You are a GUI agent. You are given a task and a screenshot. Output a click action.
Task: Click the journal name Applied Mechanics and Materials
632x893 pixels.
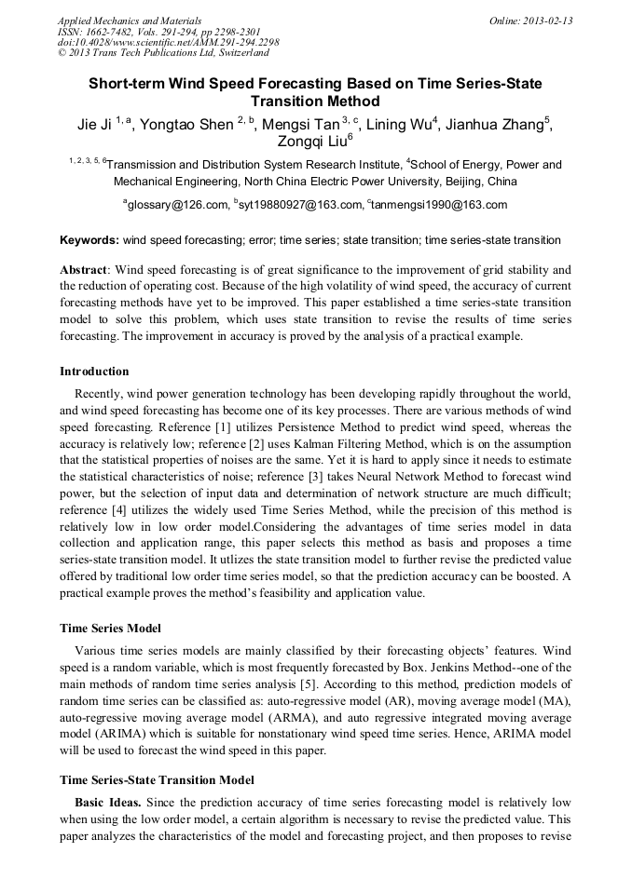pyautogui.click(x=129, y=20)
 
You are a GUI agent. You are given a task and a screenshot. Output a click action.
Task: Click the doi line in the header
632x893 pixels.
pyautogui.click(x=168, y=42)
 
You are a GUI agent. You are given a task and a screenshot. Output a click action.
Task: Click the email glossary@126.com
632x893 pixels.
pyautogui.click(x=177, y=205)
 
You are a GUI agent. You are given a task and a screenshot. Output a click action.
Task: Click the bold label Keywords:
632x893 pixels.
pyautogui.click(x=89, y=240)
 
